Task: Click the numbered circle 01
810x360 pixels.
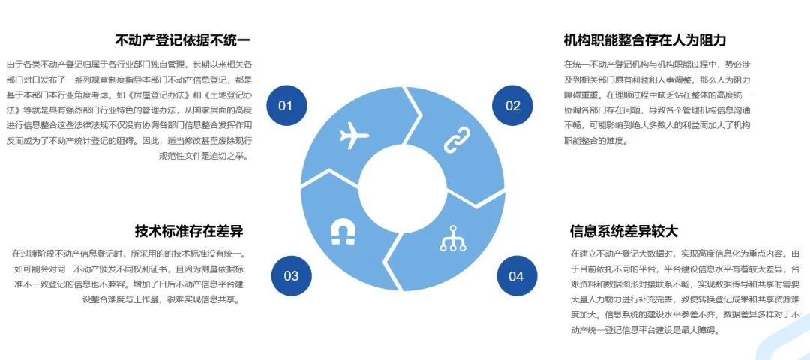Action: [285, 106]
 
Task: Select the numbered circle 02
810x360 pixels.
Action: [512, 106]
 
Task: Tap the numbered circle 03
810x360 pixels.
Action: [291, 275]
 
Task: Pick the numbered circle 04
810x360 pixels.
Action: [516, 275]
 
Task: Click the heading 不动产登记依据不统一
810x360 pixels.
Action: [182, 40]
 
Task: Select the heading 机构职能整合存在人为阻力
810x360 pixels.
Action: [644, 40]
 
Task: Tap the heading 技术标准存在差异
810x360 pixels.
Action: [189, 230]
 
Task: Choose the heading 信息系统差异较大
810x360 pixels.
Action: [623, 231]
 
